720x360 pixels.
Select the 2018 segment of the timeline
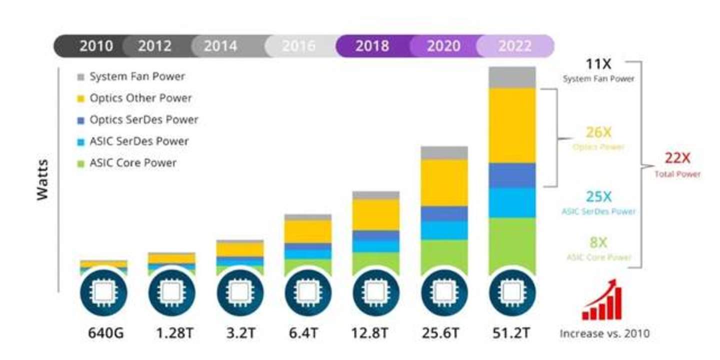point(372,46)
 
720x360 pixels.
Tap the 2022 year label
point(514,46)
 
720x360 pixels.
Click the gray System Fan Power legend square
point(80,77)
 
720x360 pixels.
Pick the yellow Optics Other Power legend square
point(80,98)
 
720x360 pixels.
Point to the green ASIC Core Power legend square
point(80,163)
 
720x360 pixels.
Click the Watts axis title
point(43,180)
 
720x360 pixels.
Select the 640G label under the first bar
point(103,333)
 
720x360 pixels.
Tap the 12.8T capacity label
point(375,333)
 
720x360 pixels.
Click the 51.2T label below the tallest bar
point(512,333)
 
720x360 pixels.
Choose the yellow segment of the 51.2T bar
point(512,125)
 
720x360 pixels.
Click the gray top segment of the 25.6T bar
point(444,152)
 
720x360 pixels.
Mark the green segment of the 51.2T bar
point(512,245)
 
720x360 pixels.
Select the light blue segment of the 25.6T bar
point(444,230)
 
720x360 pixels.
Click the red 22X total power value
point(677,158)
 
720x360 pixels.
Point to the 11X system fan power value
point(598,64)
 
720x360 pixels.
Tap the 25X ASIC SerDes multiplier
point(598,197)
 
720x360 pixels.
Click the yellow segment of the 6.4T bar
point(308,231)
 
